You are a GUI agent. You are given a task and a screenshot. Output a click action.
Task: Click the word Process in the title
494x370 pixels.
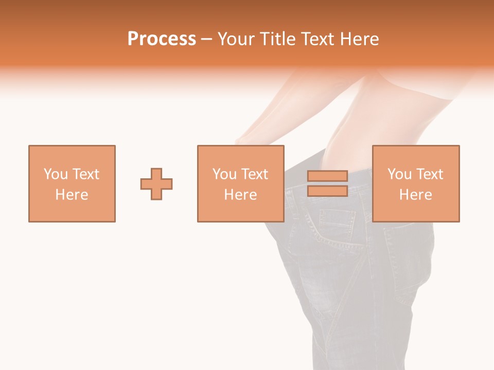(x=162, y=39)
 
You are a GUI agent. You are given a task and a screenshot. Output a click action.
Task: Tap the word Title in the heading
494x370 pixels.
(x=278, y=39)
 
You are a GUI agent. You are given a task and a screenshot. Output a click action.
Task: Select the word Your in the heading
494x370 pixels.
(x=237, y=39)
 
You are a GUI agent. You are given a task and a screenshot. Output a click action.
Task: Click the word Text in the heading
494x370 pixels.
(x=316, y=39)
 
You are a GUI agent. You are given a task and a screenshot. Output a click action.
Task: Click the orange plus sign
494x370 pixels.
(x=156, y=184)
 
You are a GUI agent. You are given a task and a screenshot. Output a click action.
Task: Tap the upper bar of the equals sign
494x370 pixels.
(x=327, y=176)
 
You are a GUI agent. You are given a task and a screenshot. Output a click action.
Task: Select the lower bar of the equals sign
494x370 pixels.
(x=327, y=191)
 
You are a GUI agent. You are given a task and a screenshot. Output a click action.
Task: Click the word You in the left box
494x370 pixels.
(x=55, y=174)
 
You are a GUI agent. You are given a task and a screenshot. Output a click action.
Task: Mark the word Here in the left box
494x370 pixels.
(x=72, y=195)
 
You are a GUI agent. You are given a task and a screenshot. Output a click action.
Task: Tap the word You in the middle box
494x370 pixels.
(x=224, y=174)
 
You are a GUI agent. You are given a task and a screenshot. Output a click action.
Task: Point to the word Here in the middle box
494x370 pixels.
(x=240, y=195)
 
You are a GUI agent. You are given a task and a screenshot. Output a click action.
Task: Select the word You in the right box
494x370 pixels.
(x=399, y=174)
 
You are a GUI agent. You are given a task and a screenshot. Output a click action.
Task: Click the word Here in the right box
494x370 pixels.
(x=415, y=195)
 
